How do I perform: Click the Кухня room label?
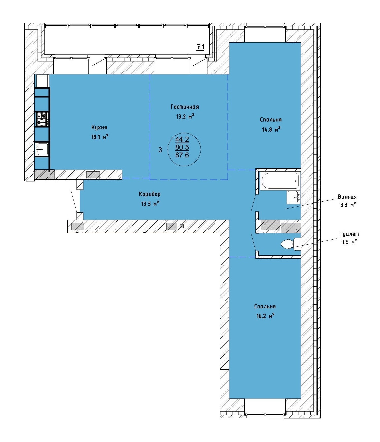coord(99,127)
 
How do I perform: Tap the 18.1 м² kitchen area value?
coord(100,137)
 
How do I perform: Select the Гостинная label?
coord(185,107)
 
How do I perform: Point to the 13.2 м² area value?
coord(185,116)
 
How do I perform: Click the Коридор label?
coord(150,194)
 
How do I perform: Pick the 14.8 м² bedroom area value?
coord(271,129)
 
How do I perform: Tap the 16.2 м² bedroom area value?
coord(265,316)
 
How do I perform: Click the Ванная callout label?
coord(347,197)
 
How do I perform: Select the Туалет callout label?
coord(349,234)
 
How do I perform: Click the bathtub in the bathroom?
coord(280,181)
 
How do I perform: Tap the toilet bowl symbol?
coord(291,244)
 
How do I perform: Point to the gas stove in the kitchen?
coord(42,119)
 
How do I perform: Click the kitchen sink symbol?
coord(41,149)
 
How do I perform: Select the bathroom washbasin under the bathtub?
coord(294,197)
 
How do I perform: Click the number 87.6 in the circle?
coord(182,155)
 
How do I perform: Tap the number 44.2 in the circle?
coord(182,139)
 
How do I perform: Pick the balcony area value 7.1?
coord(200,47)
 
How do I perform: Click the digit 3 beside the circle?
coord(160,150)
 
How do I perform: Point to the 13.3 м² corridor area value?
coord(150,204)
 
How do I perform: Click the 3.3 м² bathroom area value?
coord(348,205)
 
